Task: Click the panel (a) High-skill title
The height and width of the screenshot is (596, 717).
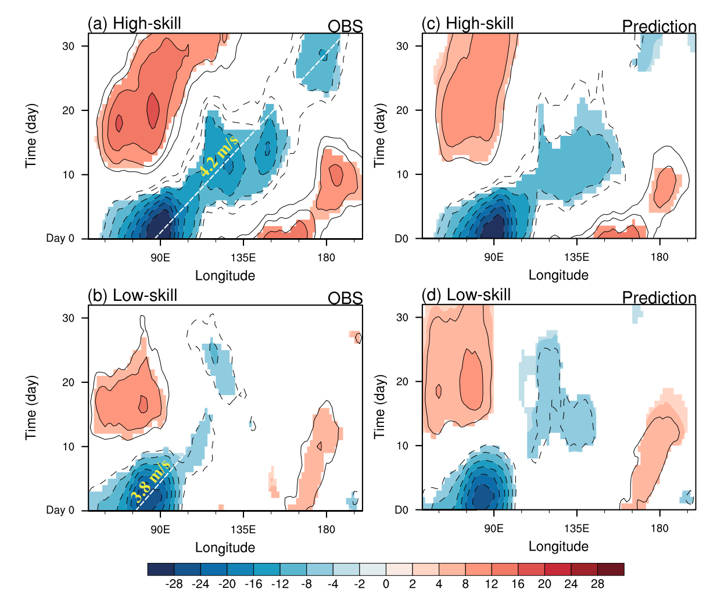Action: (134, 24)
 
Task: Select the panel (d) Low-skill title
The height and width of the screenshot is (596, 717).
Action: (466, 295)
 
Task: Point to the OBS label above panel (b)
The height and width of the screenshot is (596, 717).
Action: (345, 298)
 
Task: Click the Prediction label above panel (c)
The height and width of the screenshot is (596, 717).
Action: (659, 26)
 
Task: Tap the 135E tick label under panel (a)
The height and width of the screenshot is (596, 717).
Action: (243, 257)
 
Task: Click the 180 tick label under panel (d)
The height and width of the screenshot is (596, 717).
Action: (659, 528)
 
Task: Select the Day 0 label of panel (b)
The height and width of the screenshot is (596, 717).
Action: (60, 510)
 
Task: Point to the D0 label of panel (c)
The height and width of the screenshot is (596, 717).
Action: (401, 239)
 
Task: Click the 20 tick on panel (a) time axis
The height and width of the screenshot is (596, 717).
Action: (69, 110)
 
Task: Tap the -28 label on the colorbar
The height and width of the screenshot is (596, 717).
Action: (174, 584)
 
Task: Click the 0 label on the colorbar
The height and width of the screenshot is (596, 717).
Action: (386, 584)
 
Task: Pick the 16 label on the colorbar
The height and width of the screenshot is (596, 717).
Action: (518, 584)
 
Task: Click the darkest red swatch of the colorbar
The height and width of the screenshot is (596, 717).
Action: (611, 569)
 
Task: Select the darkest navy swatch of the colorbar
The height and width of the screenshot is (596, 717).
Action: (161, 569)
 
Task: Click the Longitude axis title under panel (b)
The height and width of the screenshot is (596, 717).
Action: (225, 547)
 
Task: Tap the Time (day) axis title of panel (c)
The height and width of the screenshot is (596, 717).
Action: (379, 135)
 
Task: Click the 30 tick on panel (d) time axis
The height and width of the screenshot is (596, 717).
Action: (402, 317)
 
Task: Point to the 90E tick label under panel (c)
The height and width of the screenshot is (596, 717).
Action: (494, 257)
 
